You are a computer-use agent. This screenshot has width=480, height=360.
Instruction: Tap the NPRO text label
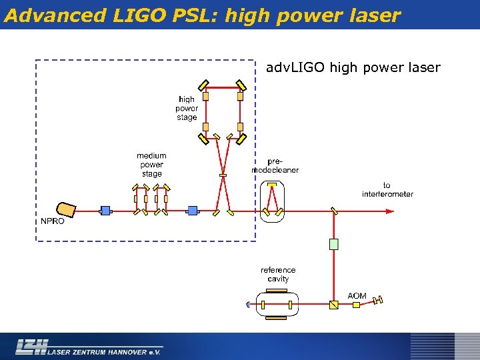coord(53,221)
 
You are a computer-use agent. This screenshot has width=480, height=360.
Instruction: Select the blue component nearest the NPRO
coord(105,211)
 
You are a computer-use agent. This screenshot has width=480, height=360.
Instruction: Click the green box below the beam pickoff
coord(334,244)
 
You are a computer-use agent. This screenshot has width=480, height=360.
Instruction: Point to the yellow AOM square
coord(356,305)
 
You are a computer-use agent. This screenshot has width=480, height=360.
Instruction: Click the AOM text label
coord(357,295)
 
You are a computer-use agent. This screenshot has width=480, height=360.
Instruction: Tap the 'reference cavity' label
coord(278,275)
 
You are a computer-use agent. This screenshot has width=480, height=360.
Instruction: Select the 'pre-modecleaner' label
coord(275,165)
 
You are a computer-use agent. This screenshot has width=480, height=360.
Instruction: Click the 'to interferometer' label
coord(387,190)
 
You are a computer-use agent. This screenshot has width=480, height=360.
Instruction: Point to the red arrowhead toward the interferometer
coord(390,211)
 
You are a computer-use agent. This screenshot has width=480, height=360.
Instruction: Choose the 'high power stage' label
coord(187,109)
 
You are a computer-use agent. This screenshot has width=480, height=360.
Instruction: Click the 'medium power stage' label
coord(151,165)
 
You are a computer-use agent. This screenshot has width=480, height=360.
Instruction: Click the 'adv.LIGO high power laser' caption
coord(353,67)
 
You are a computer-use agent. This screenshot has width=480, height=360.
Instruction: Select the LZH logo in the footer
coord(32,346)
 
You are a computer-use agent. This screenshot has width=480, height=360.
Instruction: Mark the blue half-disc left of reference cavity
coord(248,305)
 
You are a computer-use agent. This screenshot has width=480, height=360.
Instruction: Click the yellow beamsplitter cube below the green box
coord(334,305)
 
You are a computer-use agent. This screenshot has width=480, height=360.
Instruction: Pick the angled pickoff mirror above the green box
coord(334,211)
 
